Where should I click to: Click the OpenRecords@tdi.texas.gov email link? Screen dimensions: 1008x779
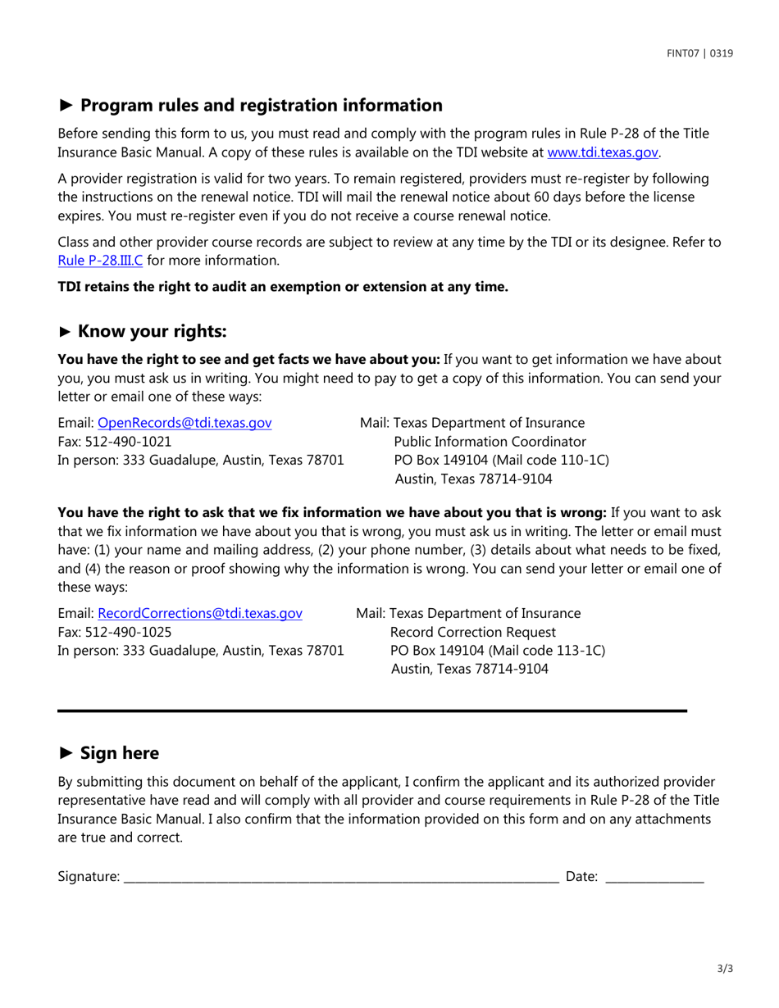[x=184, y=423]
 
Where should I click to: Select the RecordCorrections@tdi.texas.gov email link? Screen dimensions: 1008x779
[x=200, y=613]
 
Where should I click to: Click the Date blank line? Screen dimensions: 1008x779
[x=654, y=878]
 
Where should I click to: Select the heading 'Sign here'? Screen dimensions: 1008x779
[x=120, y=752]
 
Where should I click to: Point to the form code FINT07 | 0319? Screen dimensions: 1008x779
[x=699, y=54]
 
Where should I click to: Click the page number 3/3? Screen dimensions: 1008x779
[x=724, y=969]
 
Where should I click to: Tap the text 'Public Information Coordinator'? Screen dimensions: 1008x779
[x=490, y=442]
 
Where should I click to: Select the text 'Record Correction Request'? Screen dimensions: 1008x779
[x=474, y=632]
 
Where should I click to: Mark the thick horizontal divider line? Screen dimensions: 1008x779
[x=371, y=711]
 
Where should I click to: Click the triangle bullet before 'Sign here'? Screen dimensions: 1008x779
[x=66, y=752]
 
